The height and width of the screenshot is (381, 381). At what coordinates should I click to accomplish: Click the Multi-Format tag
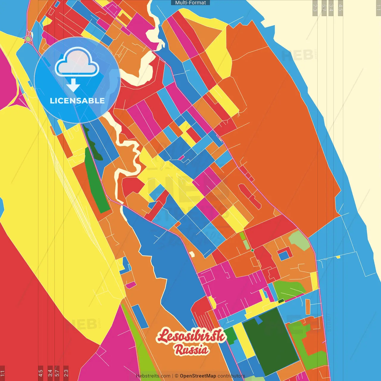[190, 3]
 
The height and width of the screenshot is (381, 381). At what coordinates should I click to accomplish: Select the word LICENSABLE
[77, 101]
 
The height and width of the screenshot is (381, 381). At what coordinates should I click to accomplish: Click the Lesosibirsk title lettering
[191, 335]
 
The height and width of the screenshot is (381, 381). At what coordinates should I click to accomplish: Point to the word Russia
[192, 350]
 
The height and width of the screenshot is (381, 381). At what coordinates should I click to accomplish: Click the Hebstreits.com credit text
[153, 376]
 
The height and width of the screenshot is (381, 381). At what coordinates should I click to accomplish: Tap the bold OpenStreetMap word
[198, 376]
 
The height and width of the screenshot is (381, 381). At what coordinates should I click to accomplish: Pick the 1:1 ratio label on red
[2, 373]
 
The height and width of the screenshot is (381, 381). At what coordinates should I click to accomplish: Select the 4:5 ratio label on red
[40, 373]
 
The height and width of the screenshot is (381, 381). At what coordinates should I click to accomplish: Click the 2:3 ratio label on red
[66, 373]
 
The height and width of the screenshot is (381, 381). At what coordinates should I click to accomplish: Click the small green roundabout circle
[28, 39]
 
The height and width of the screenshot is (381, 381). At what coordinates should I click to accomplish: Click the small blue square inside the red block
[284, 255]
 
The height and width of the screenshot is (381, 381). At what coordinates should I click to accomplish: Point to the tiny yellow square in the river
[338, 257]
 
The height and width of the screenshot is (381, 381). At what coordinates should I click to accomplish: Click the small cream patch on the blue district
[192, 254]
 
